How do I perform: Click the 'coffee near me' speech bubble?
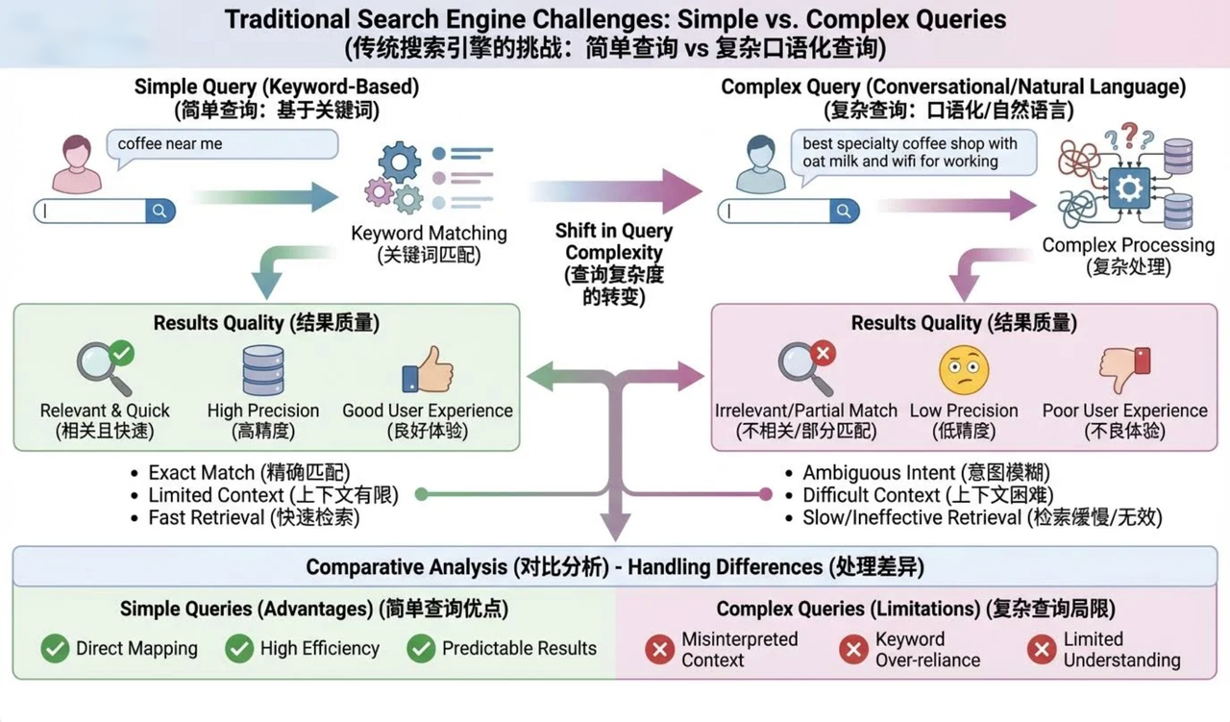tap(221, 144)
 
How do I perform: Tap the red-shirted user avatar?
tap(77, 164)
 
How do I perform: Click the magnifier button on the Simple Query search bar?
tap(160, 211)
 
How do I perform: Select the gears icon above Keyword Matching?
tap(393, 179)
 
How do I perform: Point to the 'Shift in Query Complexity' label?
tap(614, 263)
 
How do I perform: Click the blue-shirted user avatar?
tap(760, 164)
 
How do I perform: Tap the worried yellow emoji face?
tap(964, 371)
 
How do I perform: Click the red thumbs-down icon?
tap(1124, 370)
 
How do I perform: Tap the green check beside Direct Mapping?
tap(55, 649)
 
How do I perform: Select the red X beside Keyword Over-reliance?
tap(853, 650)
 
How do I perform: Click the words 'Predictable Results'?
tap(519, 649)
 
